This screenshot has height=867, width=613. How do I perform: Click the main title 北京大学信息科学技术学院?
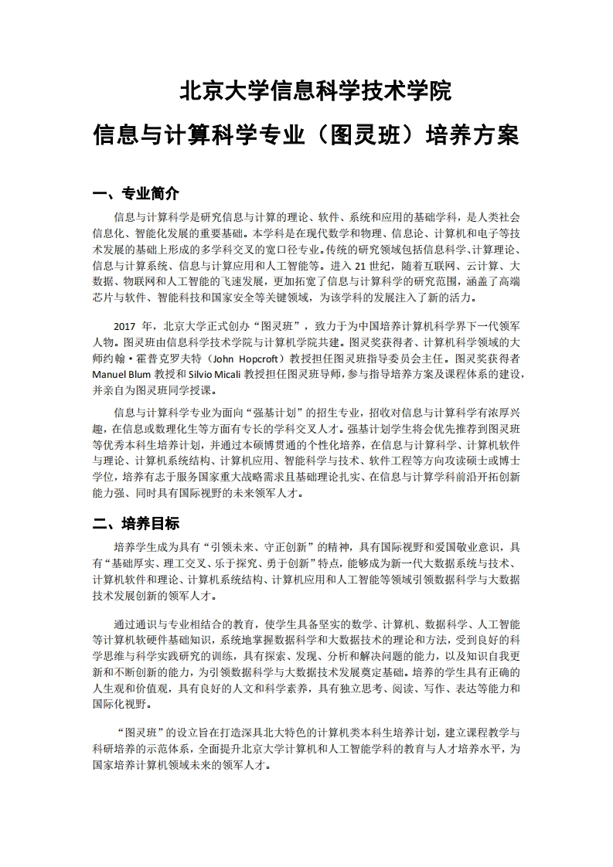tap(315, 92)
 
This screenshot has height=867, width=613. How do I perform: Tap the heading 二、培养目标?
tap(136, 524)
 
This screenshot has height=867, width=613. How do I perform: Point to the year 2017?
tap(125, 326)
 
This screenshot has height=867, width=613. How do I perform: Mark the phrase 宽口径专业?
tap(287, 249)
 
